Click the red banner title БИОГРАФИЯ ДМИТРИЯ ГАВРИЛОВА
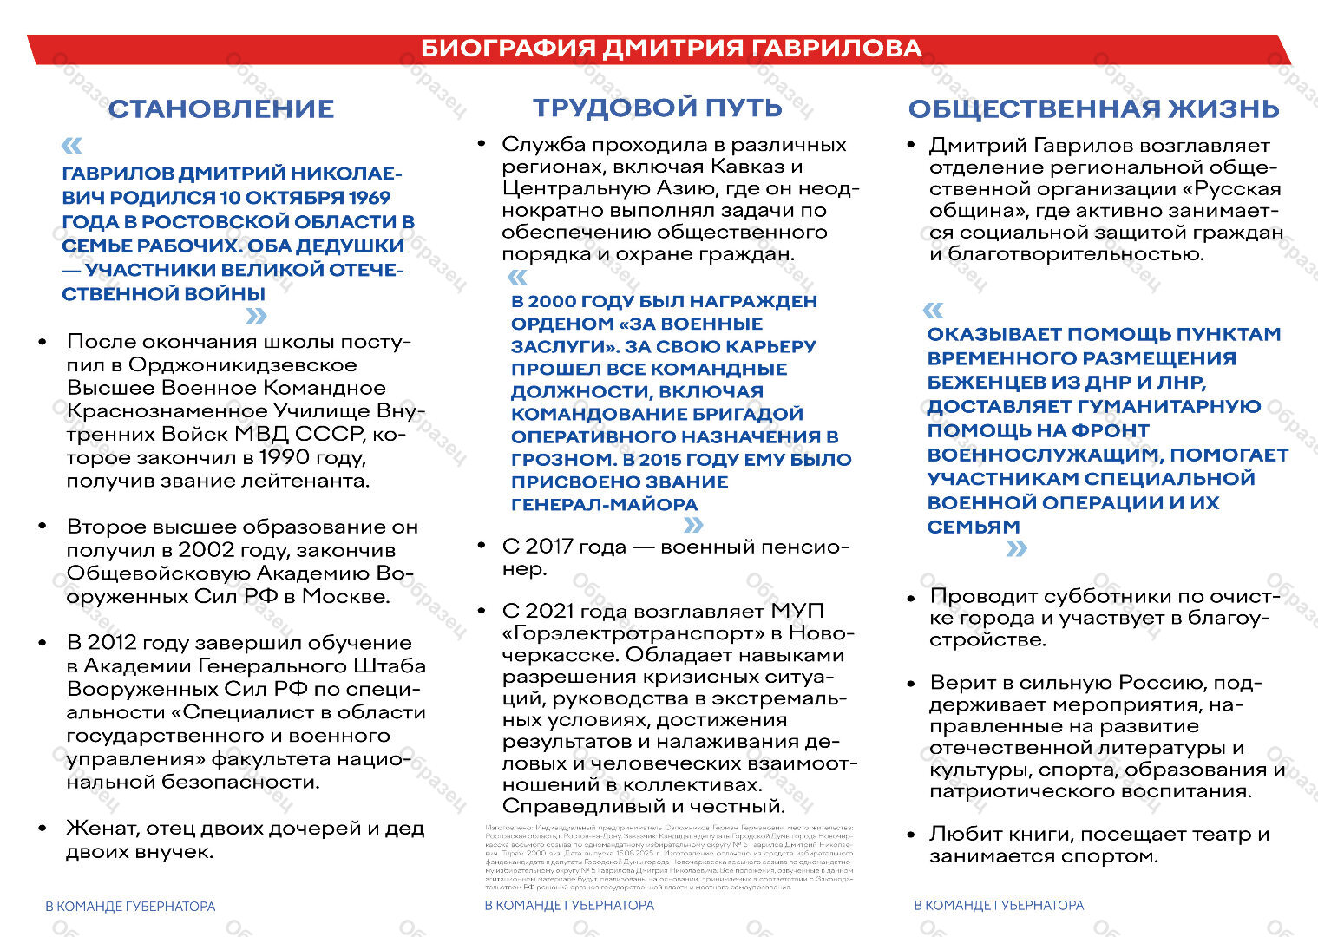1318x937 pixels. [x=671, y=49]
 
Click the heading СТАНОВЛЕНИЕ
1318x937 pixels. [x=221, y=108]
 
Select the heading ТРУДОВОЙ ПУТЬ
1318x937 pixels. [x=657, y=108]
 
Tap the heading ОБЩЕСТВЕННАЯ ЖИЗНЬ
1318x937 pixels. [x=1093, y=108]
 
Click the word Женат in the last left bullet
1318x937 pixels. [x=101, y=829]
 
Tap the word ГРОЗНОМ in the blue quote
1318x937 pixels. [x=563, y=460]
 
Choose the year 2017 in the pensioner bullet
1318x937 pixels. [x=549, y=547]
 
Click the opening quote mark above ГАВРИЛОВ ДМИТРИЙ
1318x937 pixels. [x=73, y=145]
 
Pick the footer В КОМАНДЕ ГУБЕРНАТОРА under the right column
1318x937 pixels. [x=999, y=905]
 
